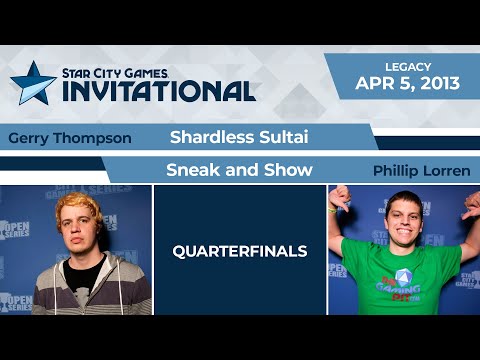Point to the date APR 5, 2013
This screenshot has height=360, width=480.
(407, 83)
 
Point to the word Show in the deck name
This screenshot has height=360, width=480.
(289, 169)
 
